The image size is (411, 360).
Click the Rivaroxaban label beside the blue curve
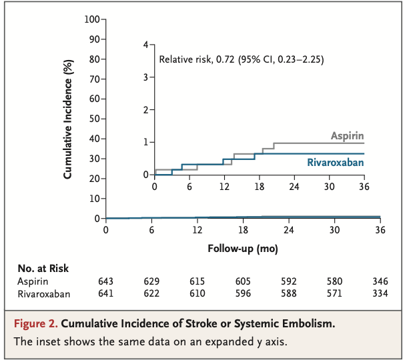click(336, 162)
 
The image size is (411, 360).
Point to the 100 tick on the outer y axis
click(92, 19)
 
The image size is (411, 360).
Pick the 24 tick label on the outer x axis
click(289, 229)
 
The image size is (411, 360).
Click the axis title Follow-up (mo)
click(243, 249)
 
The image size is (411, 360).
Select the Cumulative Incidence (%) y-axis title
click(68, 118)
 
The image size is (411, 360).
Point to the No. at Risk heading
click(43, 268)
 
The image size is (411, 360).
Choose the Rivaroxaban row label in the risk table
click(43, 294)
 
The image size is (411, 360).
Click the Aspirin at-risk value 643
click(105, 281)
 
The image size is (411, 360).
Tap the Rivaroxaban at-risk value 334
click(379, 294)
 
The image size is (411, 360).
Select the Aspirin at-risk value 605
click(243, 281)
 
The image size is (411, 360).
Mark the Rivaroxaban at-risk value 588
click(289, 294)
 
